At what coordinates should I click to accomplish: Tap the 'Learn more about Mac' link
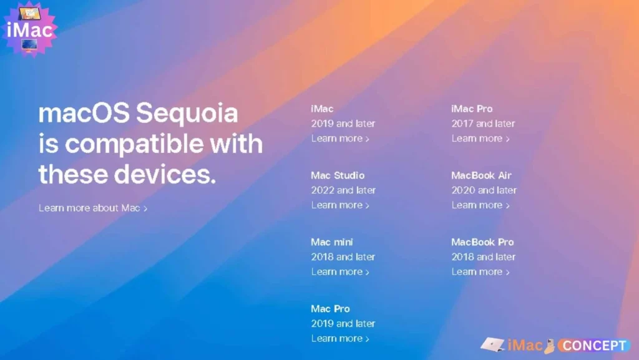(93, 208)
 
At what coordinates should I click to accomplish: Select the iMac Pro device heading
(472, 109)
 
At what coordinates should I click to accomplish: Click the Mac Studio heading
(338, 175)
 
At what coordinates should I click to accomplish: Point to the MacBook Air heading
(481, 175)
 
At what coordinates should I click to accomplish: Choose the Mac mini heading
(332, 242)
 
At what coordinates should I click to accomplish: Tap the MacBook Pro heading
(482, 242)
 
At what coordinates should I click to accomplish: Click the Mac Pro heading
(330, 309)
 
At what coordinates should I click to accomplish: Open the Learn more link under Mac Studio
(340, 205)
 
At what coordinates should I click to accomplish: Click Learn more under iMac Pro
(480, 139)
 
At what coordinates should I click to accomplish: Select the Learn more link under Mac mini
(340, 271)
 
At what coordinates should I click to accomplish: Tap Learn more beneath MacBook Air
(480, 205)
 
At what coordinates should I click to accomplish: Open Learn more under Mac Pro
(340, 338)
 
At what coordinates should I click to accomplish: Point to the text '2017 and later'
(483, 124)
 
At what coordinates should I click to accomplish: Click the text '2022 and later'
(343, 190)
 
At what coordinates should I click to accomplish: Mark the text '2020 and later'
(484, 190)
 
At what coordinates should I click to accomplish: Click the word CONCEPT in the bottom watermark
(594, 346)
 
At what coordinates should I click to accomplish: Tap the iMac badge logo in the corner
(29, 29)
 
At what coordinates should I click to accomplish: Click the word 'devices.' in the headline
(165, 174)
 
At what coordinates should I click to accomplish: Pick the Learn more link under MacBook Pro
(480, 271)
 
